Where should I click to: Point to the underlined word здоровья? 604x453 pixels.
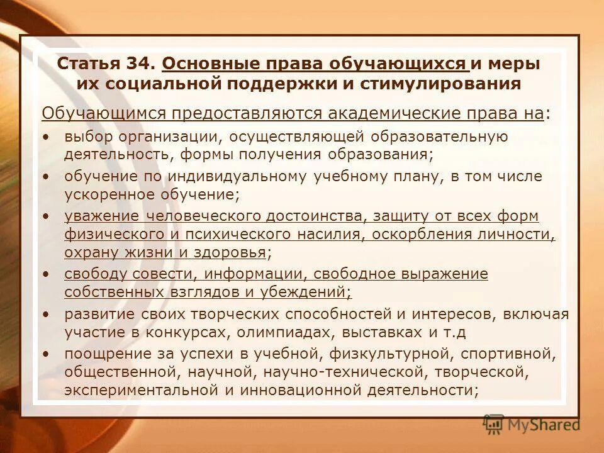pyautogui.click(x=224, y=253)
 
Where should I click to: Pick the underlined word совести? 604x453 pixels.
pyautogui.click(x=164, y=274)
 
